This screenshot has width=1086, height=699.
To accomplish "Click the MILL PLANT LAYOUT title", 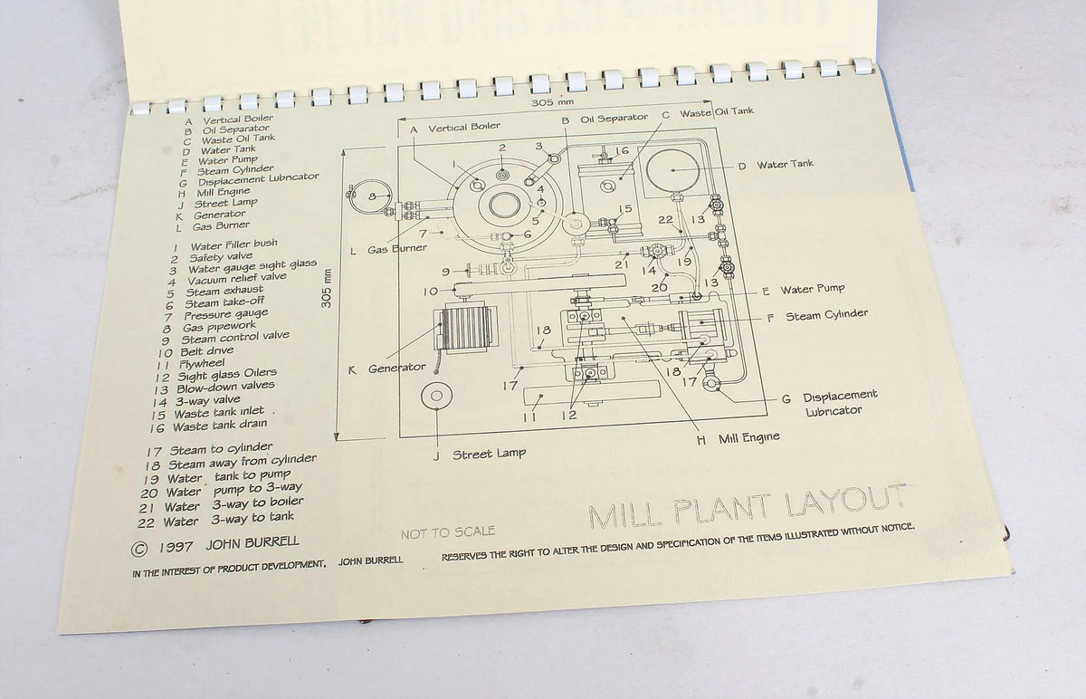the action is pos(748,507).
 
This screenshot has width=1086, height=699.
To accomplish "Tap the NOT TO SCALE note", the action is pos(448,532).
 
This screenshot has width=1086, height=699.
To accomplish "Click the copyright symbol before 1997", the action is pos(139,549).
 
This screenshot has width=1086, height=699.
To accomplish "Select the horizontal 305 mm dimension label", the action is pos(552,102).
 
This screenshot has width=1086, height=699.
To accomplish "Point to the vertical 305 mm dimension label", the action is pos(327,288).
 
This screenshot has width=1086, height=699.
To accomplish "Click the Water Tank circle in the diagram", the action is pos(673,170).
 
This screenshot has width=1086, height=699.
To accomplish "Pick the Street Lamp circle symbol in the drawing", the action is pos(436,397).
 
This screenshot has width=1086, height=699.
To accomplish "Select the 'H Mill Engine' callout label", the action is pos(738,438).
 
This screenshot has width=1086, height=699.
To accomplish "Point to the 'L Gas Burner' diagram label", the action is pos(388,249).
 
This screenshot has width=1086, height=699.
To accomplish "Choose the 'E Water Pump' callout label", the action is pos(804,290).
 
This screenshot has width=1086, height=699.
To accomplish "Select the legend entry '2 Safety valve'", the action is pos(212,257).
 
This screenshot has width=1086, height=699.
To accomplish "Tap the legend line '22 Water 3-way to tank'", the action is pos(215,520).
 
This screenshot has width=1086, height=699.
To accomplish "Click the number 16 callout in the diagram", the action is pos(622,151).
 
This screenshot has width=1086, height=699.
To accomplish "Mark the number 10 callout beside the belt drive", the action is pos(431,292).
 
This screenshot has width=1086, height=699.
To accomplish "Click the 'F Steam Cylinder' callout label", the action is pos(817,316).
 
